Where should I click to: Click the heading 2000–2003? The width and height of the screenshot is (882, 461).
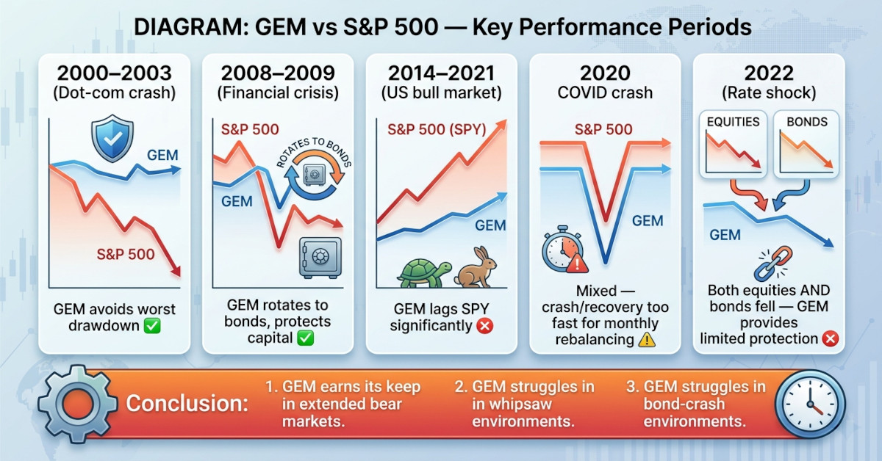(x=116, y=73)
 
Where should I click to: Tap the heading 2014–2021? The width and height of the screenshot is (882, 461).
(x=442, y=73)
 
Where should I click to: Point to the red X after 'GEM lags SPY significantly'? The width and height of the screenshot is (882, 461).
(x=484, y=324)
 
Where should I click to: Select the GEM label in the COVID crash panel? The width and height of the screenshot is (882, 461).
(x=648, y=220)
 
